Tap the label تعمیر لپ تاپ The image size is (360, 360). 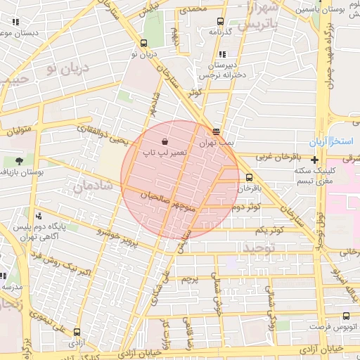165,152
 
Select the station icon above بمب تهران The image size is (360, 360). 216,131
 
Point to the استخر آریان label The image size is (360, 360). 338,141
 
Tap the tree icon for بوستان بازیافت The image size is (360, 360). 19,161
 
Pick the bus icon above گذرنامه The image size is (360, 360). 221,21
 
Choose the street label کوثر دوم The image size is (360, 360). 264,207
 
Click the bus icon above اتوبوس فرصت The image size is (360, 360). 345,316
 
